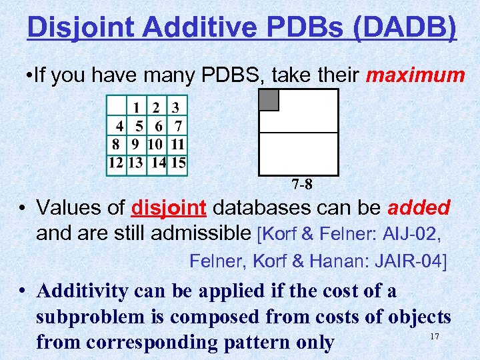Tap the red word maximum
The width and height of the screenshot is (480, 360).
click(415, 75)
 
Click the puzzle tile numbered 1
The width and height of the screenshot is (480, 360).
click(137, 107)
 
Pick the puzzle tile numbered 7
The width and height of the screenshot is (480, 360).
click(178, 125)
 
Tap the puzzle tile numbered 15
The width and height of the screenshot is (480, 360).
click(178, 162)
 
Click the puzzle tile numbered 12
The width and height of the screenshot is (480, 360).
click(116, 162)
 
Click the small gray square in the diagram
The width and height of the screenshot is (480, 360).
click(269, 100)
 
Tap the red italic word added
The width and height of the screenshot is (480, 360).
click(419, 208)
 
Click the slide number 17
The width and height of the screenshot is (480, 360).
click(434, 337)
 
